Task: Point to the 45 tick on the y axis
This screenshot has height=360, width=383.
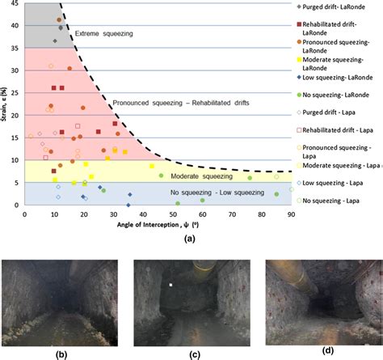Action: (x=15, y=4)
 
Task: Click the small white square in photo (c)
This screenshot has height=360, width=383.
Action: (x=171, y=285)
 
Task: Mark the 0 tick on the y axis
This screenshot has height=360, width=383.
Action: (x=18, y=205)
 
